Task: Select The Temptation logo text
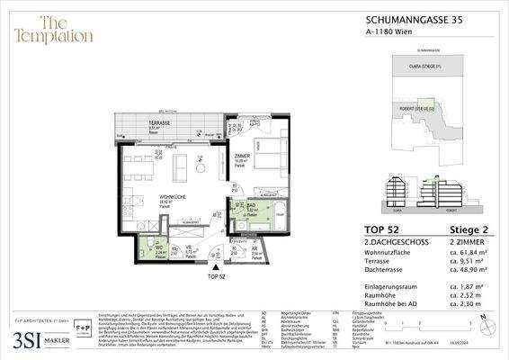(x=53, y=30)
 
